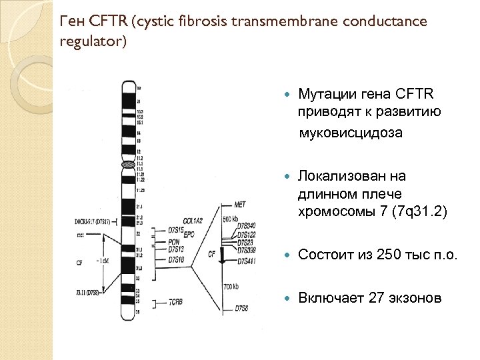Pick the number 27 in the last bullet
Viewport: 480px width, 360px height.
point(377,297)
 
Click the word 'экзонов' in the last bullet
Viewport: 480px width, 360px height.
point(416,297)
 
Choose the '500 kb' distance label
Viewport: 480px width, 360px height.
point(231,219)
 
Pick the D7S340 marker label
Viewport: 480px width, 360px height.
point(247,227)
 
